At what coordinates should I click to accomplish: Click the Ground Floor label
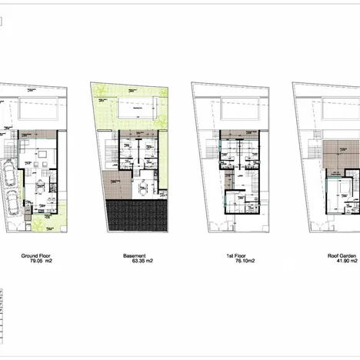point(36,255)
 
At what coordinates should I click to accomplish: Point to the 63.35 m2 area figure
point(138,262)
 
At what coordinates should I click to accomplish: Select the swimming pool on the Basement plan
point(136,109)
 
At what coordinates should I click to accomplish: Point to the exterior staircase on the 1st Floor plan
point(212,147)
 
